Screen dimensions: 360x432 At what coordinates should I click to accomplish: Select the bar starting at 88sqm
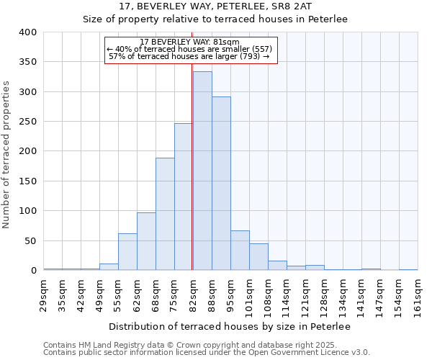tap(221, 184)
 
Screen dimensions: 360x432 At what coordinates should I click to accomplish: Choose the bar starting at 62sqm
tap(146, 241)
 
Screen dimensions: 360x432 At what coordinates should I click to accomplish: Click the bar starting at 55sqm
tap(127, 252)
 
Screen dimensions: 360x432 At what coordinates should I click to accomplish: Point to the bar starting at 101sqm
tap(258, 257)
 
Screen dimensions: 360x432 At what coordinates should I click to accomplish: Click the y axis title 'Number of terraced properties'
tap(8, 155)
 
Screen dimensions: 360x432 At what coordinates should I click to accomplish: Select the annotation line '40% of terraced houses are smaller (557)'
tap(189, 49)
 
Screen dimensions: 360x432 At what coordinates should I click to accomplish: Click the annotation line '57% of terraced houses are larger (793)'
tap(189, 56)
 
